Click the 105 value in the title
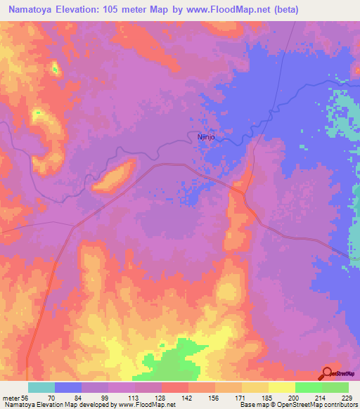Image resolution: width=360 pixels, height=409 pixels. (121, 10)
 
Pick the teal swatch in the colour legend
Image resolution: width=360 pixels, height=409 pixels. (41, 387)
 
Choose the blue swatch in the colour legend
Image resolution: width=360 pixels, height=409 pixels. (68, 387)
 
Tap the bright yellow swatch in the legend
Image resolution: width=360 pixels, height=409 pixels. (282, 387)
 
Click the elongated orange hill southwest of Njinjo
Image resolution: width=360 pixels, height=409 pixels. (114, 176)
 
